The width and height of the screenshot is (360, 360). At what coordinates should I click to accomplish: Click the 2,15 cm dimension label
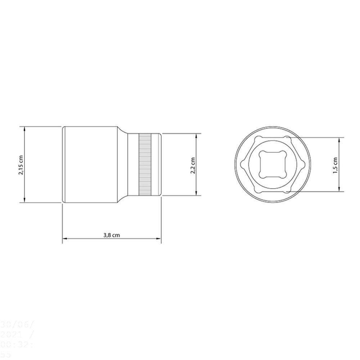pos(21,165)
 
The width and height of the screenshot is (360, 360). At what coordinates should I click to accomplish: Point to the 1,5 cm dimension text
pos(336,165)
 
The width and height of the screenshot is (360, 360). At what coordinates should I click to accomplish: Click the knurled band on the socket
pos(145,165)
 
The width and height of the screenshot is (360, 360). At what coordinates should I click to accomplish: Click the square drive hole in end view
pos(273,164)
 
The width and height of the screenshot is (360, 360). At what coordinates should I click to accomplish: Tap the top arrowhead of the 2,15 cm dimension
pos(24,128)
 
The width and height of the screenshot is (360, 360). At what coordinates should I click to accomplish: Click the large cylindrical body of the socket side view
pos(90,165)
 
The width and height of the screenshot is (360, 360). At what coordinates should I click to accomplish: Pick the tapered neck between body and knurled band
pos(123,165)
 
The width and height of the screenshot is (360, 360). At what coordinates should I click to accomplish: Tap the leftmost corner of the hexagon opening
pos(241,165)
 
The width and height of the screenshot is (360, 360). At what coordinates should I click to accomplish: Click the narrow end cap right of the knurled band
pos(157,165)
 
